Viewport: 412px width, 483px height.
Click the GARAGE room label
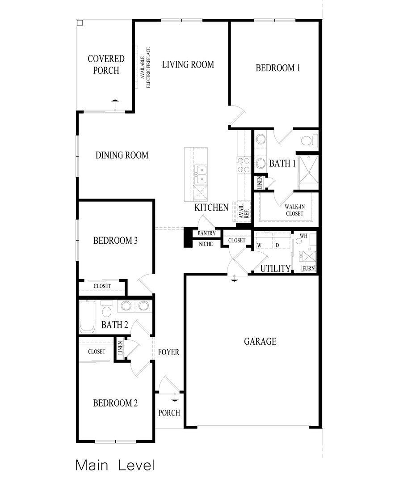coord(260,342)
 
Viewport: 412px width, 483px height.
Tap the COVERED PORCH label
coord(106,64)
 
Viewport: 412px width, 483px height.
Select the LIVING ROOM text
coord(188,64)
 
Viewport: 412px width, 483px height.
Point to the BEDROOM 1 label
coord(277,68)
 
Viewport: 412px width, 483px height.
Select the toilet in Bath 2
coord(107,310)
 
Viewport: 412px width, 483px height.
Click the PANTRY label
coord(206,233)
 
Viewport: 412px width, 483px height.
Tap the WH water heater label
coord(303,235)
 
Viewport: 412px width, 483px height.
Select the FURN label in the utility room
coord(309,268)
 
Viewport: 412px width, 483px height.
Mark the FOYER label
coord(168,352)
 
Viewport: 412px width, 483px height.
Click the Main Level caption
coord(115,465)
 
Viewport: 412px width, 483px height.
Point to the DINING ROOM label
coord(122,156)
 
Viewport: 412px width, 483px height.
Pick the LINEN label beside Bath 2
coord(120,349)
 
